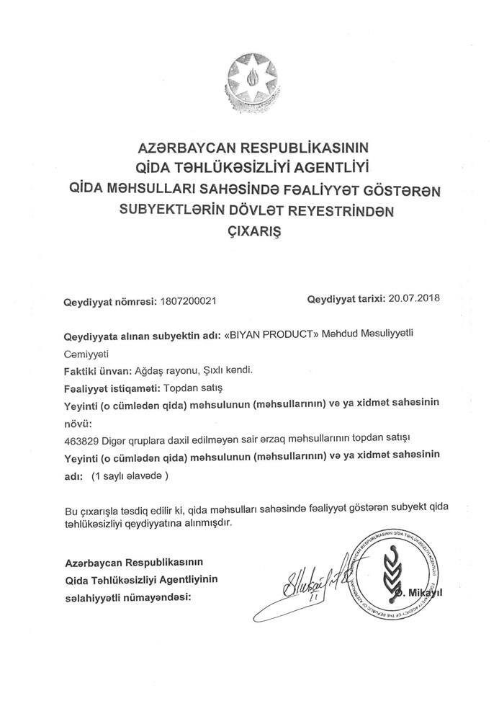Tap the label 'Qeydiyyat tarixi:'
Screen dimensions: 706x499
tap(346, 298)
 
